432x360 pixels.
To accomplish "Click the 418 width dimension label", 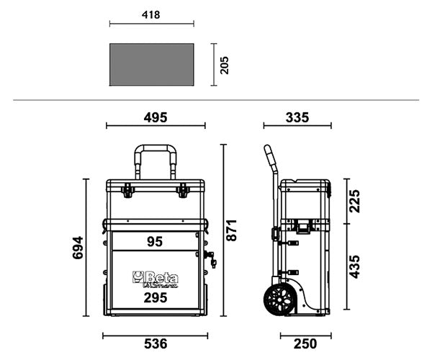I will [x=151, y=14].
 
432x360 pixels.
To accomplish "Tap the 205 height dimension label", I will [x=224, y=66].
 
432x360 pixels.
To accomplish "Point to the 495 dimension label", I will [x=155, y=117].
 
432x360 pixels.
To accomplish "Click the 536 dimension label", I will [x=155, y=344].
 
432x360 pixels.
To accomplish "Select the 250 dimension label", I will [x=306, y=344].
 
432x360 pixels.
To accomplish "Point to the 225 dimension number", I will [x=354, y=202].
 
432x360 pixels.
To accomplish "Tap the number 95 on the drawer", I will [x=155, y=242].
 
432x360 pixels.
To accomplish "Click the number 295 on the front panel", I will [x=155, y=297].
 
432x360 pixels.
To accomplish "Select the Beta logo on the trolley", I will [x=155, y=279].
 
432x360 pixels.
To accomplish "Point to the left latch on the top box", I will [x=128, y=190].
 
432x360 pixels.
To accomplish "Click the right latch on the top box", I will [x=182, y=190].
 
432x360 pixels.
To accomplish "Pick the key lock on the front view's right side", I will [x=210, y=258].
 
